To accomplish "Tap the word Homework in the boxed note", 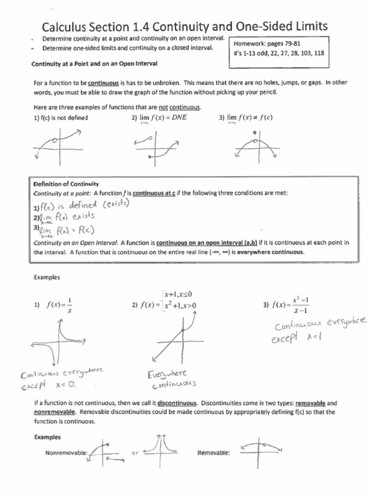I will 251,43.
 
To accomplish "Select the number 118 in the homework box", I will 319,53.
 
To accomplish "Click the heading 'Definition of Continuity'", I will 66,184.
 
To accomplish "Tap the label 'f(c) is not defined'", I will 61,117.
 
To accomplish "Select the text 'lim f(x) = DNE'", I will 160,117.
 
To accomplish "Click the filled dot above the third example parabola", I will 255,132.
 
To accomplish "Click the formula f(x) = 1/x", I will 60,305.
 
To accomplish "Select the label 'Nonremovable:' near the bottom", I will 66,453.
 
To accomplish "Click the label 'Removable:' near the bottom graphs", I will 214,453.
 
